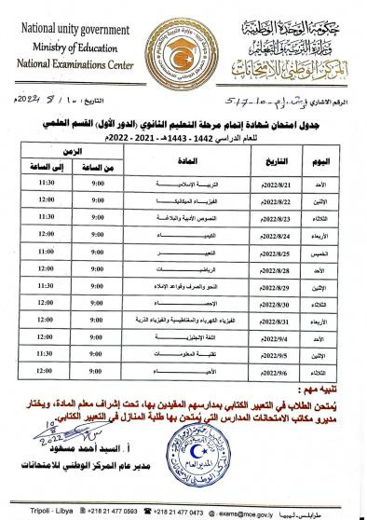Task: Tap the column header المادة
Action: [x=172, y=162]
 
